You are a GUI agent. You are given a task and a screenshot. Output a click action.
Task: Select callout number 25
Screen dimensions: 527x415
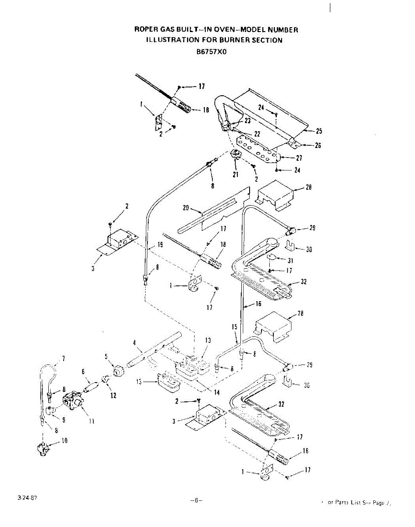click(319, 131)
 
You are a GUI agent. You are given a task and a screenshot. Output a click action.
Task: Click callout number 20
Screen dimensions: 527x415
click(186, 209)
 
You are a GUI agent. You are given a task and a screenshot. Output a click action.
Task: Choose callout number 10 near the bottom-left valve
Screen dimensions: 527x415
click(64, 440)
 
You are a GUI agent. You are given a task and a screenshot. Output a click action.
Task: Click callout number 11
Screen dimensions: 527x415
click(91, 422)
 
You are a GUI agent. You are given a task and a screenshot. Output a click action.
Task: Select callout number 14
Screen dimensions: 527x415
click(217, 392)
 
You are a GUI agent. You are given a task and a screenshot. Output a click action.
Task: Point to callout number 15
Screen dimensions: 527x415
click(234, 327)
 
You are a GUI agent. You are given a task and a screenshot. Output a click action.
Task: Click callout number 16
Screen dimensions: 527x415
click(258, 303)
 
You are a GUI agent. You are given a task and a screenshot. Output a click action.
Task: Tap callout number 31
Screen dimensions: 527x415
click(290, 260)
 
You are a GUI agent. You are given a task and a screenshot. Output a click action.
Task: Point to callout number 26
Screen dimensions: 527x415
click(318, 145)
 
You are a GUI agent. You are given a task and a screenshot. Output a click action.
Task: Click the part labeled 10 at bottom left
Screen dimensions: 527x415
click(43, 448)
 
